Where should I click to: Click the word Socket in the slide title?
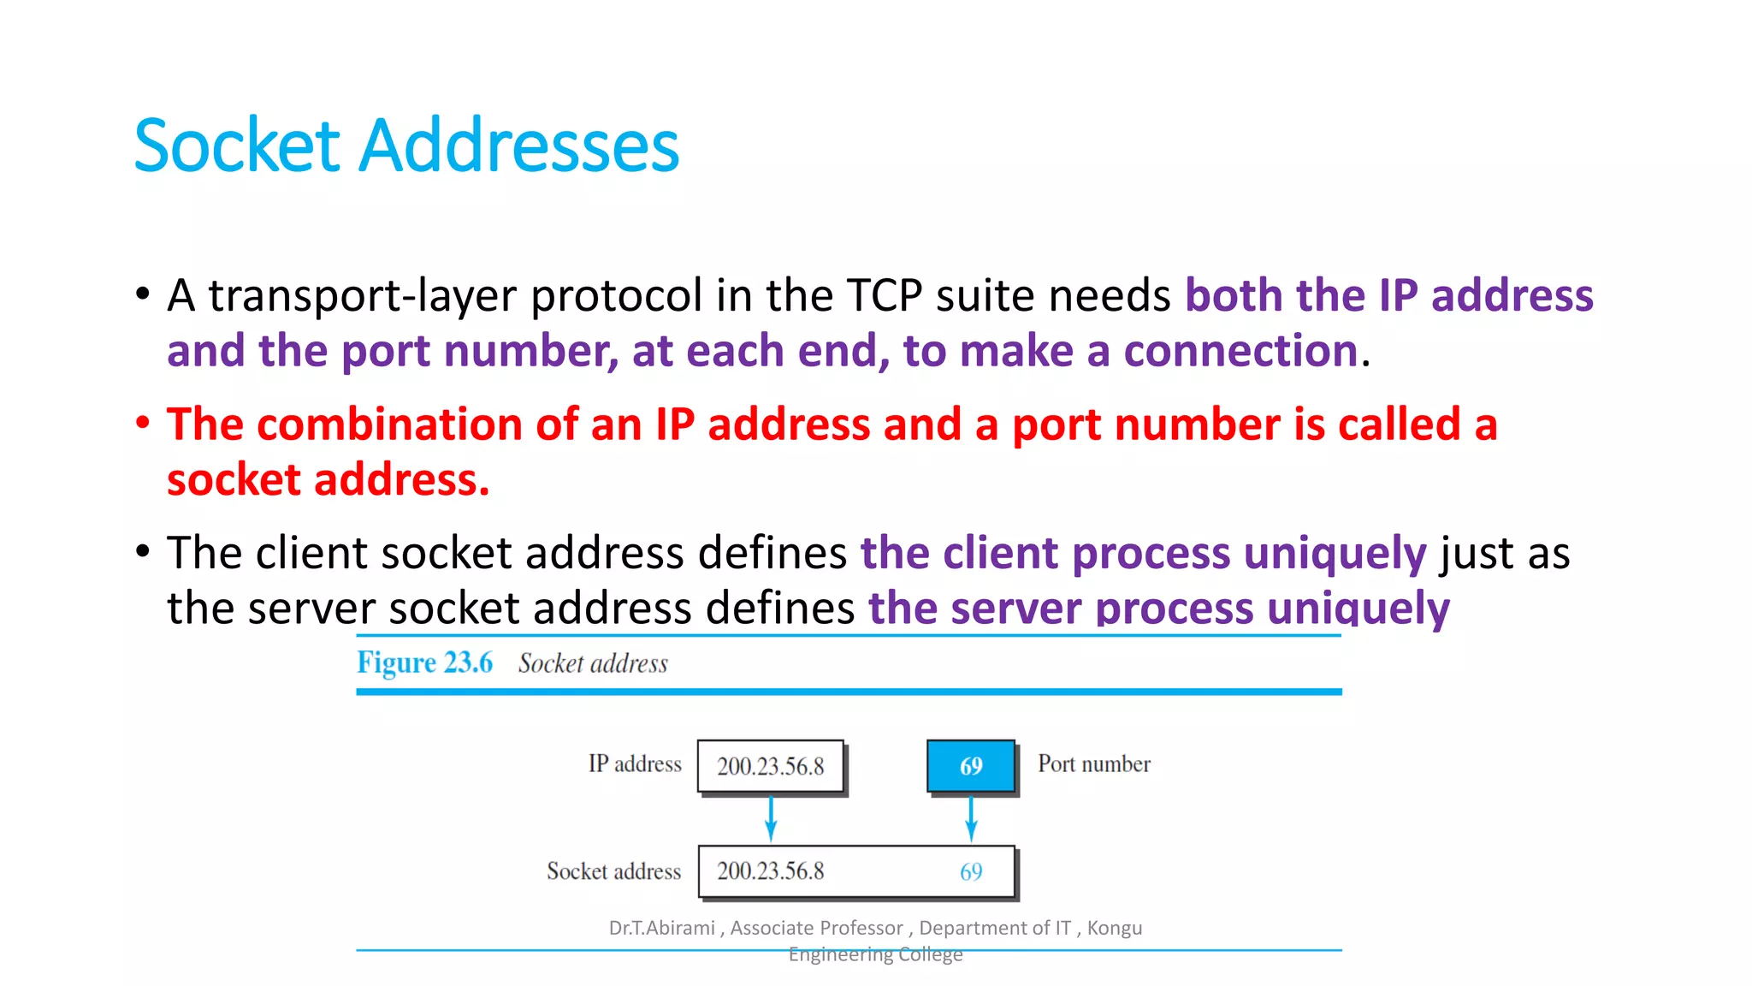click(238, 146)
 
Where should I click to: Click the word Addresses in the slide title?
click(518, 146)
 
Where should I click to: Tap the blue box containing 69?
click(971, 765)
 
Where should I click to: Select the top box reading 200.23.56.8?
click(770, 765)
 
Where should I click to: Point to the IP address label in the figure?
click(634, 763)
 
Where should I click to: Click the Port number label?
click(1093, 763)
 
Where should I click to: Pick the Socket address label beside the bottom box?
click(613, 871)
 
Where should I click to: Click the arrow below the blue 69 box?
click(971, 818)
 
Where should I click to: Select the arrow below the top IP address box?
click(771, 818)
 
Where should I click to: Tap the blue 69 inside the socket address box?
click(971, 871)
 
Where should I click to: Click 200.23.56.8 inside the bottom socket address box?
click(770, 871)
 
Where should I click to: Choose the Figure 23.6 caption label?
click(424, 662)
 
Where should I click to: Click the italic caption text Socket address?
click(593, 663)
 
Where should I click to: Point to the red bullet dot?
click(143, 422)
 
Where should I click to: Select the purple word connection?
click(1240, 351)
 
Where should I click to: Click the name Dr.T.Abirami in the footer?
click(661, 928)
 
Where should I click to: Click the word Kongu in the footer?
click(1114, 928)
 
